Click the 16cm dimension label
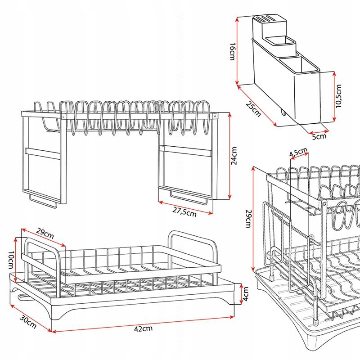233,51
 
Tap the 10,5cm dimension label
339,96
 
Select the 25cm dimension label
253,109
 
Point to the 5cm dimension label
319,137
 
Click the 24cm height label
234,156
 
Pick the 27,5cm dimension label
184,212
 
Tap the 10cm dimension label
11,260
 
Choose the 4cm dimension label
246,294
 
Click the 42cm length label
143,329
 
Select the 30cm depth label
28,322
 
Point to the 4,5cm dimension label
298,152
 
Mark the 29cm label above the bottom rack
45,234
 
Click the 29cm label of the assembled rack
249,219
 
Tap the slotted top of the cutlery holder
269,19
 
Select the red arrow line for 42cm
143,324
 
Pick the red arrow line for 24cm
229,156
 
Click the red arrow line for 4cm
241,294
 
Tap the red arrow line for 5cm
319,132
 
